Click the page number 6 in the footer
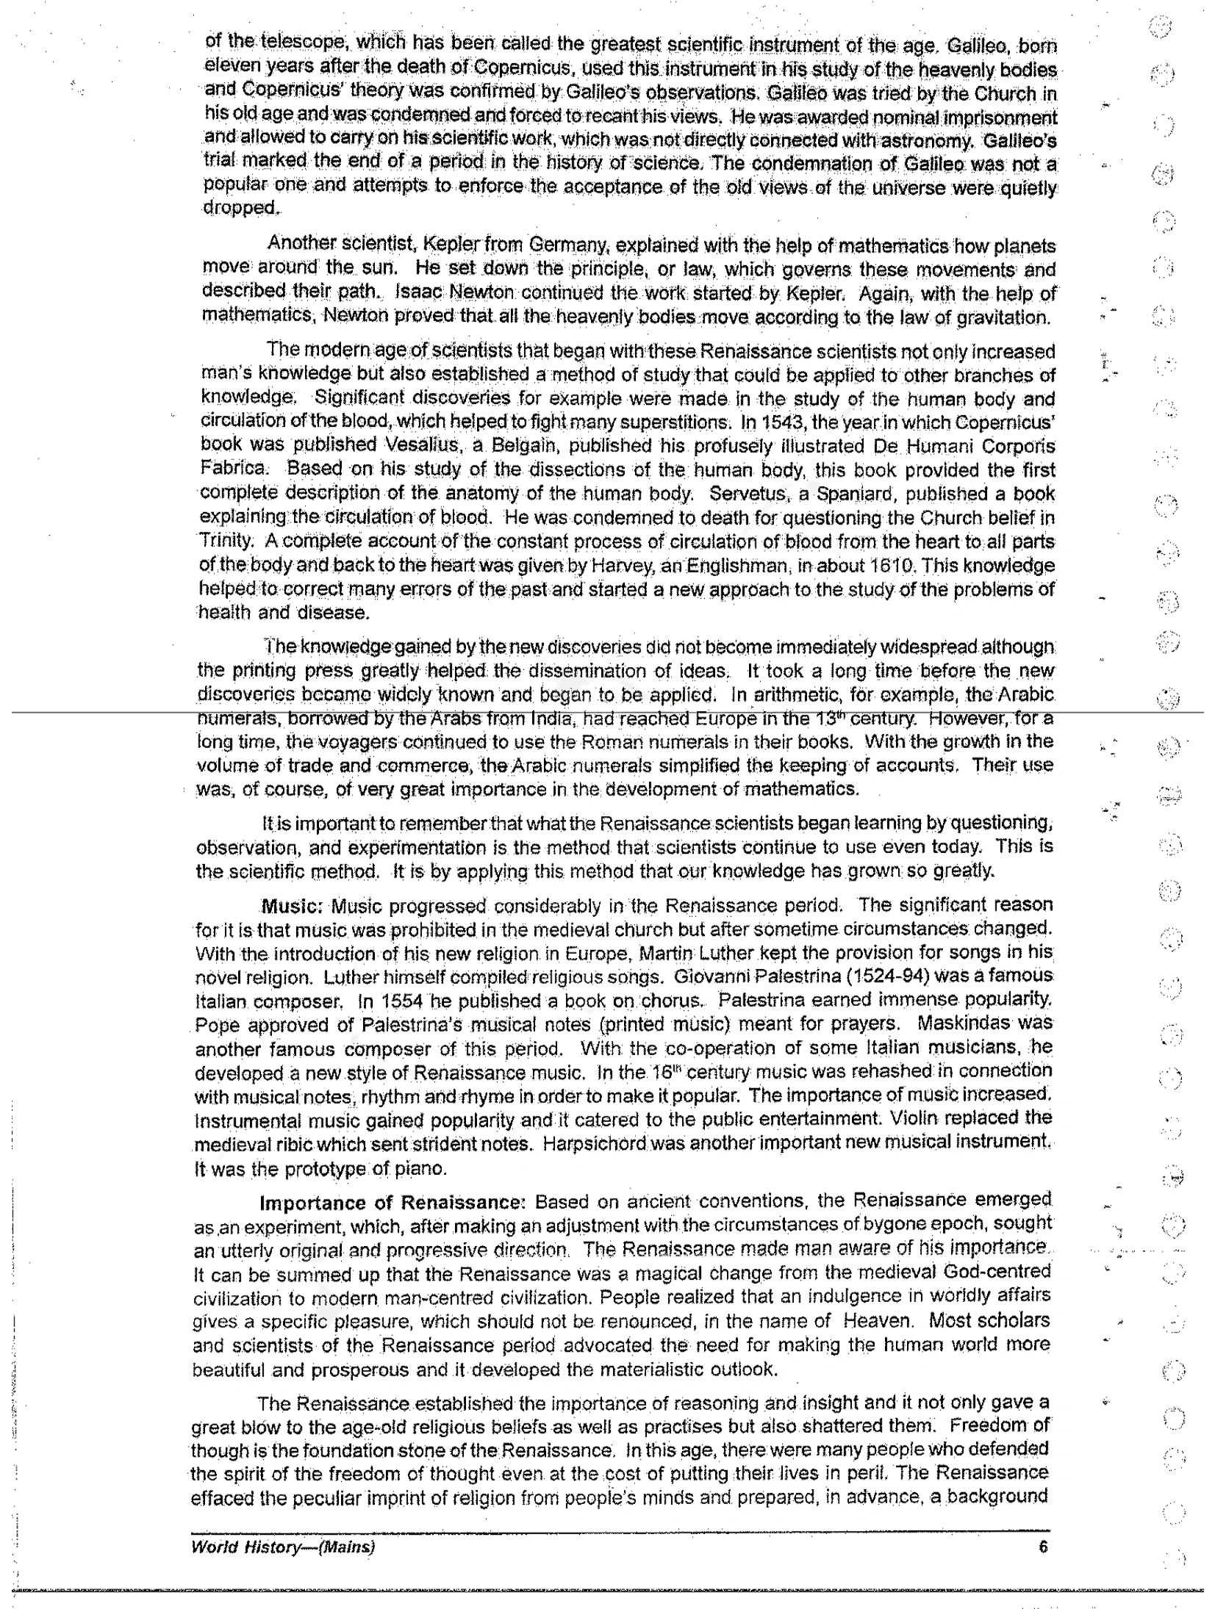[x=1042, y=1547]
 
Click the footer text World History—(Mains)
[x=283, y=1547]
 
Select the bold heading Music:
[x=293, y=906]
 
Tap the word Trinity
[x=226, y=541]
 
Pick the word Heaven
[x=877, y=1320]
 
